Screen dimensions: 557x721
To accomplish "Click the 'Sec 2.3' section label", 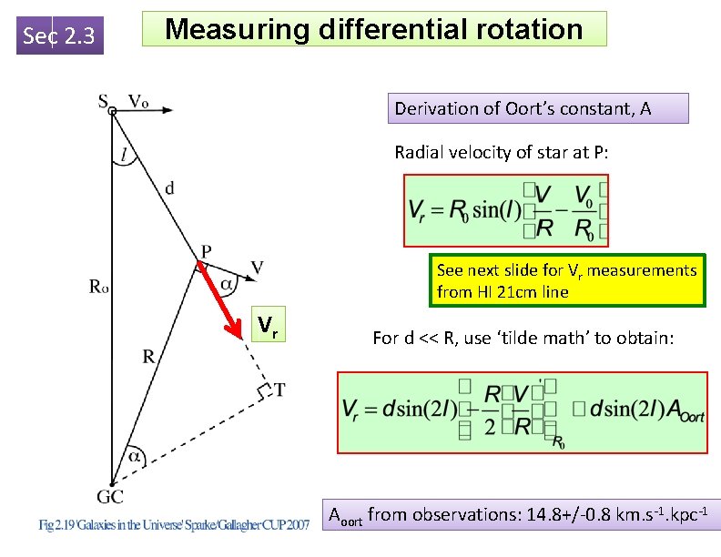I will [60, 35].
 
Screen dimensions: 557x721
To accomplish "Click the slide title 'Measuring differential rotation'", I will [374, 29].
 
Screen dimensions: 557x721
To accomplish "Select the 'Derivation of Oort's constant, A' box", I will [523, 108].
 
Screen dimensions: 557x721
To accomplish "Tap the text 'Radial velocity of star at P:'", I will [502, 152].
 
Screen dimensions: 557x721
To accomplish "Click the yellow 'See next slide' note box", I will [566, 281].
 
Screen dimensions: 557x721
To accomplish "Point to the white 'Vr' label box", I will [268, 325].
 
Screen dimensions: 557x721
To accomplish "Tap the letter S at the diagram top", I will [104, 100].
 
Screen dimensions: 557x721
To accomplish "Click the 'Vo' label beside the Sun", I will [138, 100].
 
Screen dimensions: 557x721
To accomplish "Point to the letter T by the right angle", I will [279, 390].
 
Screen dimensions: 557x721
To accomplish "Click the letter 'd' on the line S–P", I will [169, 188].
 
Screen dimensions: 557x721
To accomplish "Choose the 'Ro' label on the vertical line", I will [99, 288].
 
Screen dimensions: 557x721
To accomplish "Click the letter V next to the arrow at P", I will [257, 267].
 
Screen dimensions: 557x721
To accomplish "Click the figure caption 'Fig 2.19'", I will [59, 525].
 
